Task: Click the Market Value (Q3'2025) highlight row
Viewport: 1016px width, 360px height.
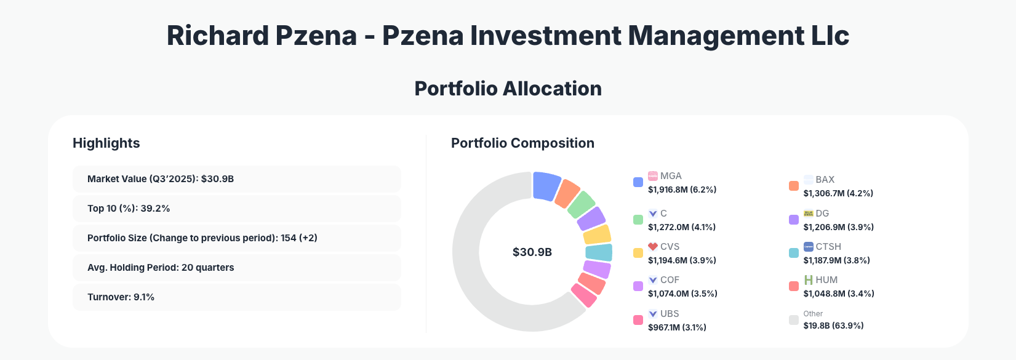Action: pos(236,179)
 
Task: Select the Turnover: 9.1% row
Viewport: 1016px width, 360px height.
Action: pos(236,297)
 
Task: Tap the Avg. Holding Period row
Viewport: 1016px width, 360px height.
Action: pos(236,268)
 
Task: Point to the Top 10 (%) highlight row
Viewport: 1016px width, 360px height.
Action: pos(236,209)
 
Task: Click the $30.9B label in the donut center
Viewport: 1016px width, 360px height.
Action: pos(532,252)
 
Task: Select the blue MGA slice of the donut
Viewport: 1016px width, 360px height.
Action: pos(546,186)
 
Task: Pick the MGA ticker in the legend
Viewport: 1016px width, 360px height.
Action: pos(671,176)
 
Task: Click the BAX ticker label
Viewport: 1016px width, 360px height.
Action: pos(825,180)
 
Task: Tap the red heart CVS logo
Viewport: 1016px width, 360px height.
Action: pos(653,247)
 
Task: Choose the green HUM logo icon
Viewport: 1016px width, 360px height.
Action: pos(809,280)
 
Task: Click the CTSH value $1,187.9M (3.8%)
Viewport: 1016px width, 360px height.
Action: pos(837,260)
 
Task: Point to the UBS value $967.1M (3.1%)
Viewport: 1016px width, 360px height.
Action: pos(677,327)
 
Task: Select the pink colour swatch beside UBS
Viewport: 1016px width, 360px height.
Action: pos(638,320)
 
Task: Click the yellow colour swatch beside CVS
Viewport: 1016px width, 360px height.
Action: pos(638,253)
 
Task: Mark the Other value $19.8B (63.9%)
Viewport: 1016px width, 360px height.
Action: pos(833,326)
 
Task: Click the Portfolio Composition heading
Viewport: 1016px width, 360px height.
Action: pos(522,143)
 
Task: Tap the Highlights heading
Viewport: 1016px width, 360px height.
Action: pos(106,143)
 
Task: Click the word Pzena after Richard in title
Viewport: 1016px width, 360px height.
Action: pos(316,36)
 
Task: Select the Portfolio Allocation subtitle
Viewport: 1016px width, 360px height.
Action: pos(508,89)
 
